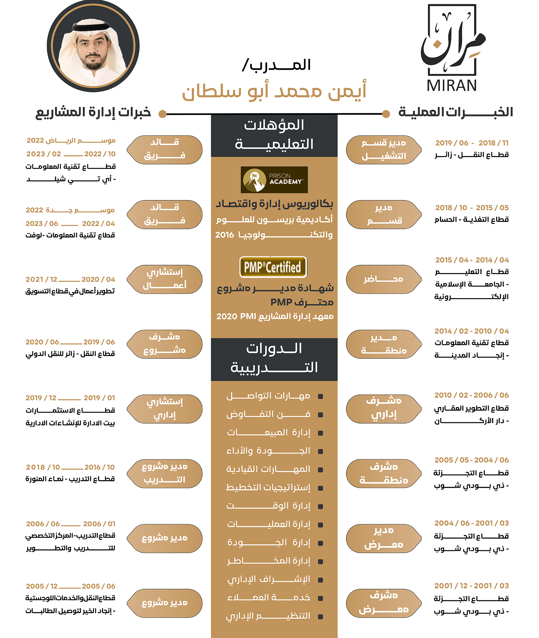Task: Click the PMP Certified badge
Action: coord(273,267)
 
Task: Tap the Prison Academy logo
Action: coord(274,180)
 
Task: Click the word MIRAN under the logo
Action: coord(451,86)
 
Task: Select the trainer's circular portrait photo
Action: coord(93,46)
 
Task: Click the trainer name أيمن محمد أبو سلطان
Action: coord(274,91)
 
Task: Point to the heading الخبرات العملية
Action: coord(455,112)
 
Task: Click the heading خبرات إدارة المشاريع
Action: coord(93,112)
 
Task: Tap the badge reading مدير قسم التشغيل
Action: coord(384,150)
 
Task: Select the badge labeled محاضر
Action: coord(384,279)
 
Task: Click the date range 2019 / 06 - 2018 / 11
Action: coord(472,143)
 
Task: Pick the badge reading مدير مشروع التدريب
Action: coord(165,473)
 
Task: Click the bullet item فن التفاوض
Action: coord(268,414)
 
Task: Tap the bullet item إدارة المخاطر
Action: coord(268,561)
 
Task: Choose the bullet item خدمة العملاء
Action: coord(268,598)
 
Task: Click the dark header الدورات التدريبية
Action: coord(274,359)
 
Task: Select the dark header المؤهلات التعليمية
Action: coord(274,135)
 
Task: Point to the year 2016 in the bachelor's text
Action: coord(225,235)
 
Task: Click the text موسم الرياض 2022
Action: coord(71,141)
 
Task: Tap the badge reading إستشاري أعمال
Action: coord(165,279)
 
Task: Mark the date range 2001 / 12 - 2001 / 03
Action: coord(471,586)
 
